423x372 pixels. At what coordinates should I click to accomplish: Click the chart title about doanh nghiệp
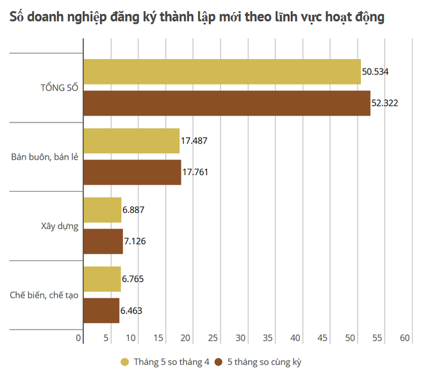point(197,17)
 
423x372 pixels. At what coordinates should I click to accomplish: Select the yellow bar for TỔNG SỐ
point(222,71)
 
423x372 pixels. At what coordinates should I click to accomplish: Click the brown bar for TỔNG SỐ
point(227,103)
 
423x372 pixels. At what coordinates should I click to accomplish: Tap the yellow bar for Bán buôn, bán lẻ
point(131,140)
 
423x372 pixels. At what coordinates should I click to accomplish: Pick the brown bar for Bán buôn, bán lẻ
point(132,172)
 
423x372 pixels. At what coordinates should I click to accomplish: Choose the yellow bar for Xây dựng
point(103,210)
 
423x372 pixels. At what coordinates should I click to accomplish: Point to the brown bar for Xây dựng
point(103,241)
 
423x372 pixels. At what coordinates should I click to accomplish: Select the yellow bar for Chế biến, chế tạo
point(102,279)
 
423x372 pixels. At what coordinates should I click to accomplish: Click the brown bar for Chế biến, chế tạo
point(101,310)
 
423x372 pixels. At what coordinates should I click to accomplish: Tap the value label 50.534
point(376,71)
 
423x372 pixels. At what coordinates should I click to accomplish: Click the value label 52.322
point(385,103)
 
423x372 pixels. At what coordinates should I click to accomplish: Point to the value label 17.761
point(195,172)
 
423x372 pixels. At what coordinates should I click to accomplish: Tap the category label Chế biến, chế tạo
point(44,295)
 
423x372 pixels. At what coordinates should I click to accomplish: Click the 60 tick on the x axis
point(404,338)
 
